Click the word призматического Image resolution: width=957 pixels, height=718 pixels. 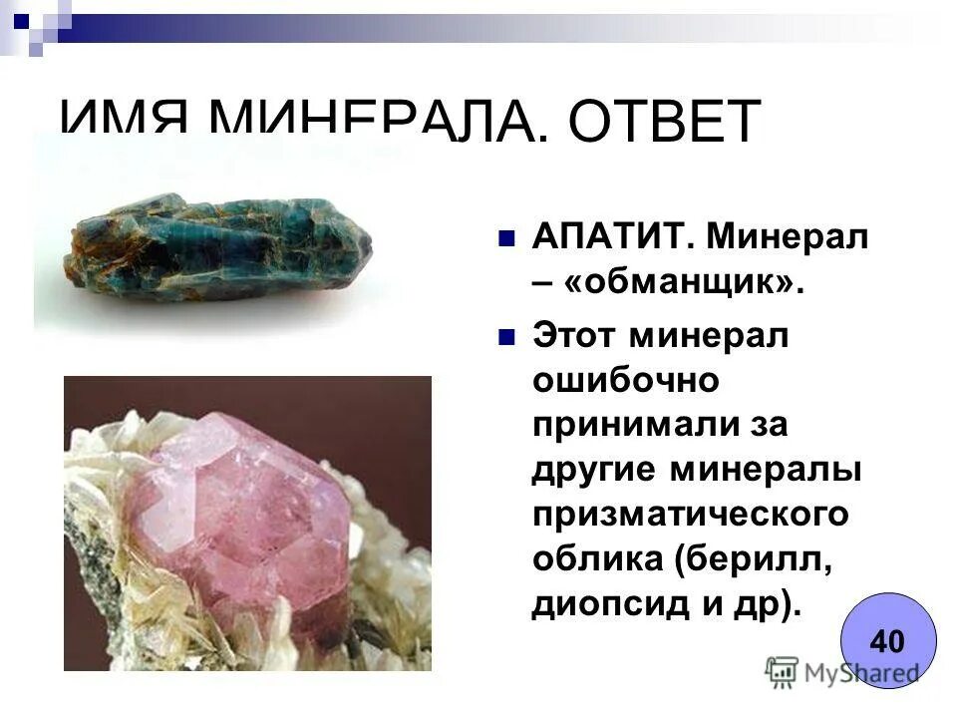pyautogui.click(x=689, y=515)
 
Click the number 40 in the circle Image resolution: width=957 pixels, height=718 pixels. pyautogui.click(x=886, y=640)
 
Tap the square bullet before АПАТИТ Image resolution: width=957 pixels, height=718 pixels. pyautogui.click(x=506, y=238)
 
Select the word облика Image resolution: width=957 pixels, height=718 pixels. pyautogui.click(x=596, y=559)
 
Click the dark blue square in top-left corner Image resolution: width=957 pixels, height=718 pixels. pyautogui.click(x=22, y=17)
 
